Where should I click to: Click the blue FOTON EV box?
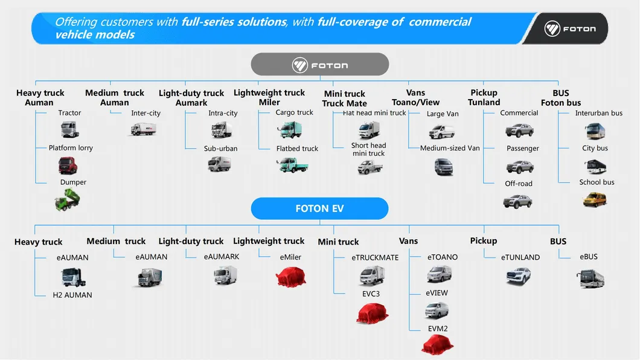(x=319, y=209)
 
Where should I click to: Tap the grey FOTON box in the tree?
(x=319, y=64)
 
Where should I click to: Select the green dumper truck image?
(x=67, y=199)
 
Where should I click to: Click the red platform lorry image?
(x=68, y=165)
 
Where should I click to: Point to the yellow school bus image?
(x=594, y=199)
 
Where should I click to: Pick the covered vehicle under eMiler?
(x=290, y=277)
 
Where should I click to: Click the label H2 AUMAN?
(x=72, y=295)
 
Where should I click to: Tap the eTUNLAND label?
(x=520, y=257)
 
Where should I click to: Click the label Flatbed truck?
(x=297, y=149)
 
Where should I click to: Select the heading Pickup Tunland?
(x=484, y=97)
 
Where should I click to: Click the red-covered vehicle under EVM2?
(x=438, y=344)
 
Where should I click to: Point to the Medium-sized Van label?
(x=450, y=149)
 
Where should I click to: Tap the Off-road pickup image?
(x=518, y=201)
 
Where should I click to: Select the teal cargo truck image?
(x=289, y=129)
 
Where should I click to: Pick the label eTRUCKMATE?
(x=375, y=258)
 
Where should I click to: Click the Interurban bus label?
(x=598, y=114)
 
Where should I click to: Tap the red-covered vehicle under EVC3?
(x=372, y=313)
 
